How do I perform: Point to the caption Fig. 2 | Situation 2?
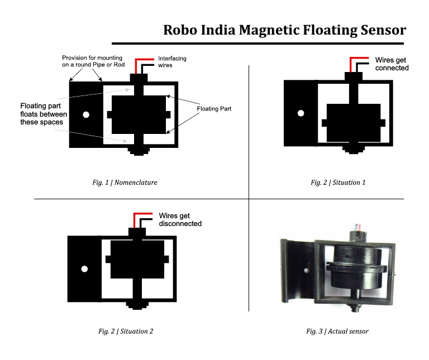tap(126, 331)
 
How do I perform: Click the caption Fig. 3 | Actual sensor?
tap(337, 331)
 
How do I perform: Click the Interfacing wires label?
tap(172, 62)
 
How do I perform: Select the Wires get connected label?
tap(392, 64)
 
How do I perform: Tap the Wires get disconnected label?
tap(180, 219)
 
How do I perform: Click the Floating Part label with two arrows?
tap(214, 109)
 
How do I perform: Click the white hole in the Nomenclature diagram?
tap(86, 115)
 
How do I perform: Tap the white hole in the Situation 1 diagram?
tap(301, 113)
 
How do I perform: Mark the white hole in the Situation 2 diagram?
tap(84, 269)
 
